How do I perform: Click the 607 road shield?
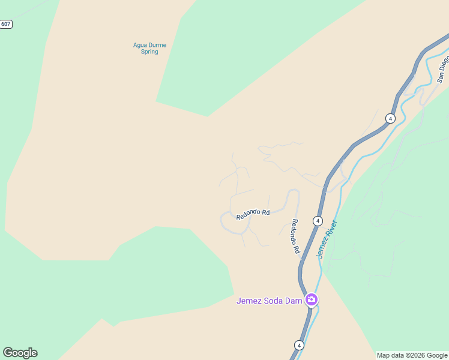[x=5, y=24]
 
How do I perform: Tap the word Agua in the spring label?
[x=140, y=45]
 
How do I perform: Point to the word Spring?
[x=149, y=52]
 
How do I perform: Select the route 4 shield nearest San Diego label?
[x=390, y=118]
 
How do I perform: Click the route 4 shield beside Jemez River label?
[x=318, y=221]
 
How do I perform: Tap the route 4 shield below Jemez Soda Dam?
[x=299, y=345]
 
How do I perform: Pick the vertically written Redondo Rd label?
[x=295, y=236]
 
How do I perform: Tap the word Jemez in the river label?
[x=321, y=249]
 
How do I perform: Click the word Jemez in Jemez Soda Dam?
[x=249, y=301]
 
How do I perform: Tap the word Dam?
[x=294, y=301]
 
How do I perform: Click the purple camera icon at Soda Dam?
[x=311, y=299]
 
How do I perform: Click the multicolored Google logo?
[x=20, y=353]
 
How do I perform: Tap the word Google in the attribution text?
[x=437, y=355]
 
